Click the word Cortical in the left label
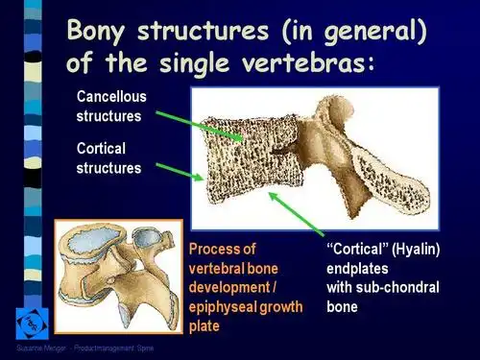tap(102, 149)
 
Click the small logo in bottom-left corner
tap(32, 324)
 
